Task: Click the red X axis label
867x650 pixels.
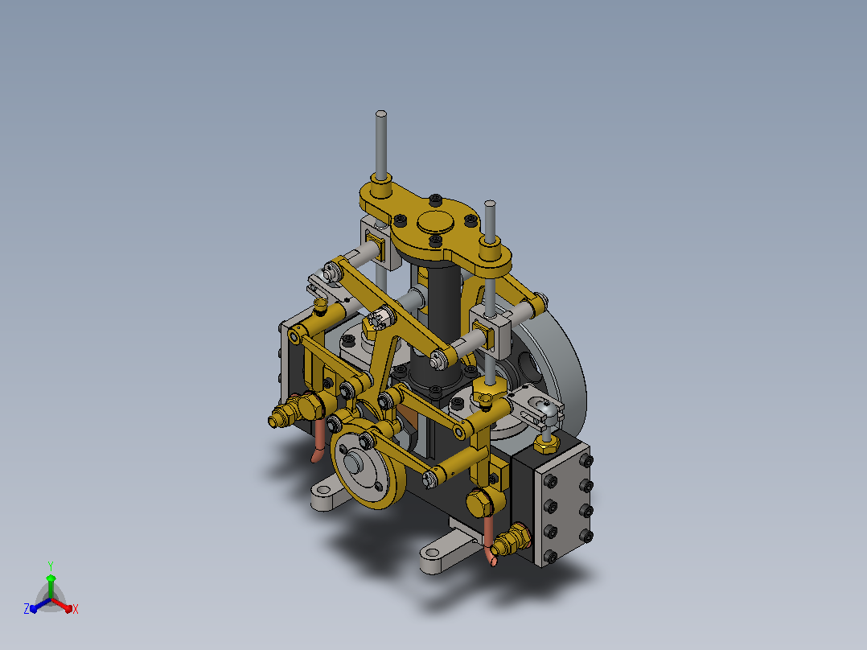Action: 76,609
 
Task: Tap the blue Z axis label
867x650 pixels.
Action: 26,608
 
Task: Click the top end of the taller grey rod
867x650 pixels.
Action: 381,114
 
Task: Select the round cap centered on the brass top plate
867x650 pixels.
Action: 436,222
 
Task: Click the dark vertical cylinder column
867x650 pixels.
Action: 443,321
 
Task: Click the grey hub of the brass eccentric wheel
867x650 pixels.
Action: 355,462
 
